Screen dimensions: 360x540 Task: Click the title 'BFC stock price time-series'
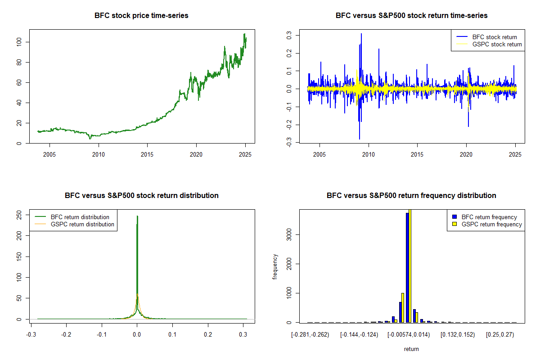[x=141, y=16]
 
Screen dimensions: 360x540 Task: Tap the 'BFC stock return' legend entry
[x=494, y=37]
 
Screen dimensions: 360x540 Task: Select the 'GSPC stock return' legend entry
[x=497, y=45]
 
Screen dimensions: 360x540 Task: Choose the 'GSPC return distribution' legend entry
[x=82, y=224]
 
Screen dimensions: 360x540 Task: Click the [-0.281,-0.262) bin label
[x=310, y=335]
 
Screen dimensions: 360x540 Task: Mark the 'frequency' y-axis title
[x=275, y=267]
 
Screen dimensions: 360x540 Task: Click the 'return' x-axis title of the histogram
[x=411, y=349]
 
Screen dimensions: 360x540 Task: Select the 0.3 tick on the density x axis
[x=243, y=335]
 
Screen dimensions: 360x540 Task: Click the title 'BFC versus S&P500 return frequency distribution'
[x=411, y=196]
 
